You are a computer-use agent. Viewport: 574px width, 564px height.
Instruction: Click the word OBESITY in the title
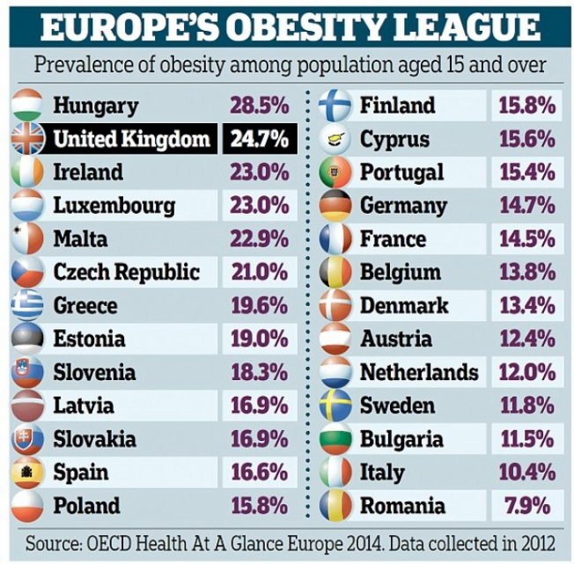(304, 27)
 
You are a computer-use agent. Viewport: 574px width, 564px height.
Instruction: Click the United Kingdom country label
(132, 139)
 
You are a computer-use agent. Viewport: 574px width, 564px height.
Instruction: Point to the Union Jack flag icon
(27, 139)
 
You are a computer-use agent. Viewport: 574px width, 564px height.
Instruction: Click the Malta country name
(80, 239)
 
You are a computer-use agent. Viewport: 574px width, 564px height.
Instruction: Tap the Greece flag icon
(27, 305)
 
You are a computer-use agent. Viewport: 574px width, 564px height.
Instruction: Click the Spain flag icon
(27, 472)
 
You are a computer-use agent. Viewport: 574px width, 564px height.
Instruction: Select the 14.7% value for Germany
(526, 206)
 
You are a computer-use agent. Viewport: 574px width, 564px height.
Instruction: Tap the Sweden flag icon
(335, 406)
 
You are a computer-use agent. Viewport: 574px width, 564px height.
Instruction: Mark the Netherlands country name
(419, 372)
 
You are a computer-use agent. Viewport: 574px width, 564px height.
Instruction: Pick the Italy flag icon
(335, 472)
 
